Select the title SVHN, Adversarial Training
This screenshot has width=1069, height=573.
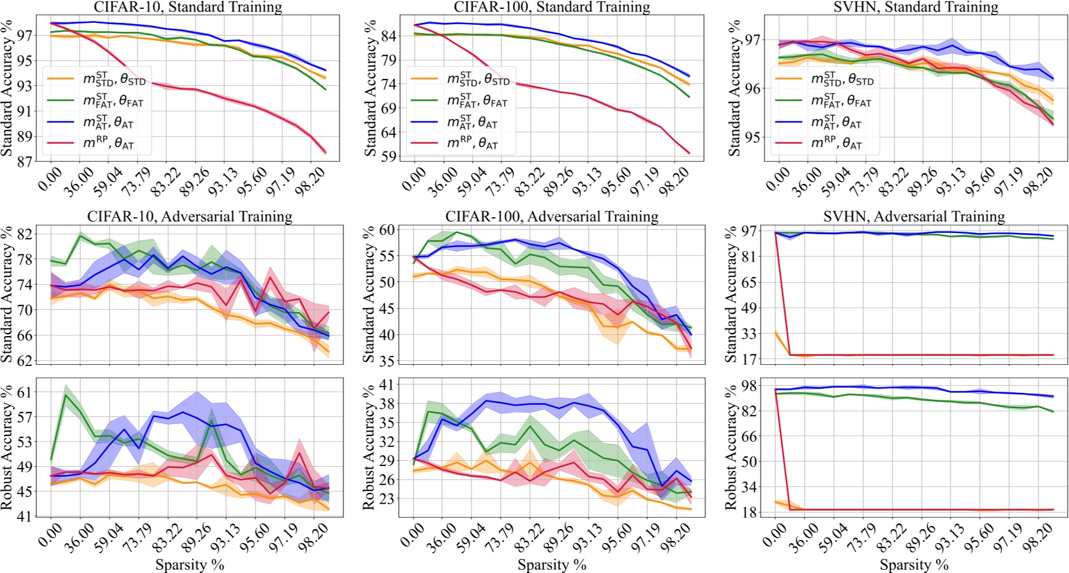click(914, 216)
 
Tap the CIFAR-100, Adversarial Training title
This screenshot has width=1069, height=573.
click(552, 216)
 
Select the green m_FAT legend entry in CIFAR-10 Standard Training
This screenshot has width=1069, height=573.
click(108, 101)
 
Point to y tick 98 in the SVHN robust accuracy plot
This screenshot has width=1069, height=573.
click(749, 385)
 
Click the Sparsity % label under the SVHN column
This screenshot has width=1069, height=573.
click(914, 565)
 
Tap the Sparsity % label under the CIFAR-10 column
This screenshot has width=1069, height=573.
click(190, 565)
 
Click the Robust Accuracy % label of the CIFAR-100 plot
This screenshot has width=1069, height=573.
click(368, 447)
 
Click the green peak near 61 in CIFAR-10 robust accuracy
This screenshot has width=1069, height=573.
click(66, 395)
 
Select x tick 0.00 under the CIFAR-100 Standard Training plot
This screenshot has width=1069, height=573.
click(415, 176)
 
